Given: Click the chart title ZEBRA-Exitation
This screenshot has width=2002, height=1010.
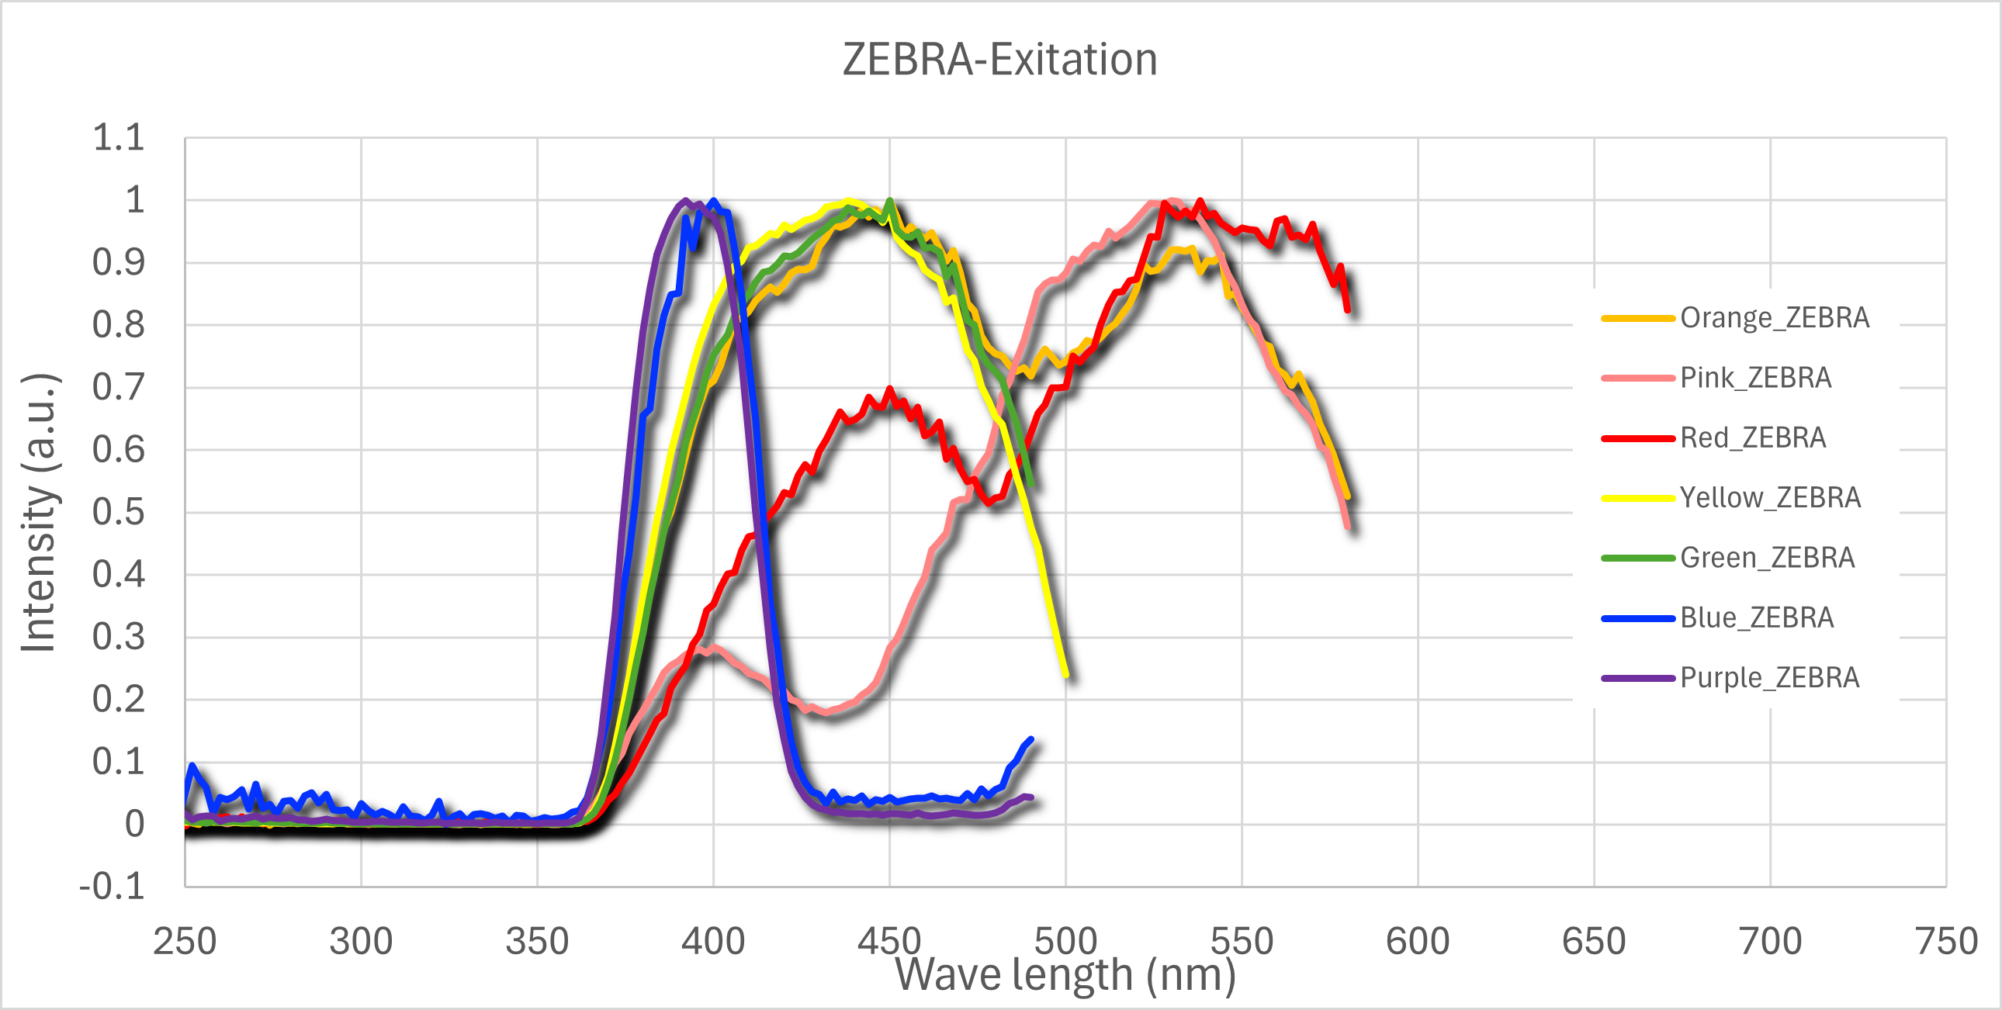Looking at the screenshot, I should tap(999, 60).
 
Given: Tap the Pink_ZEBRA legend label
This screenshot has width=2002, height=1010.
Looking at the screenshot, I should tap(1755, 378).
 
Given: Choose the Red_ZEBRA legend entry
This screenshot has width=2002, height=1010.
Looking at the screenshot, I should tap(1753, 438).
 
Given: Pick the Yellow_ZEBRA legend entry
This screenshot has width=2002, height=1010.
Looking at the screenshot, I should tap(1770, 497).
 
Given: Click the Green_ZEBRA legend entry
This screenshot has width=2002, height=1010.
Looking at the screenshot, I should tap(1767, 558).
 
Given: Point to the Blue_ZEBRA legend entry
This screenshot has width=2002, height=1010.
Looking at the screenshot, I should tap(1757, 617).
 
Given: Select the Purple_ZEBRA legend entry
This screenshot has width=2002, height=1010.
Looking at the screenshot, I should tap(1769, 677).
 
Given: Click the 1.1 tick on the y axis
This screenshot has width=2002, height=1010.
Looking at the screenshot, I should tap(118, 138).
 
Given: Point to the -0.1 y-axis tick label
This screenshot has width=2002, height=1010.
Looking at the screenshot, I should tap(113, 887).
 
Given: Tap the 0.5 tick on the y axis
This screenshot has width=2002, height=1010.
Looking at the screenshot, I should tap(118, 513).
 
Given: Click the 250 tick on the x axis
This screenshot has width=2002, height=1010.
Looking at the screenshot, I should tap(185, 941).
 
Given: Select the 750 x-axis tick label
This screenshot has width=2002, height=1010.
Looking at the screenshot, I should tap(1946, 941).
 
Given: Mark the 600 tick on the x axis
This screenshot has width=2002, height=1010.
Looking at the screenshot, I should tap(1418, 941).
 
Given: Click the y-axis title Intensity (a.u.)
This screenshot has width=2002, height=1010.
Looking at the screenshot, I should tap(39, 513).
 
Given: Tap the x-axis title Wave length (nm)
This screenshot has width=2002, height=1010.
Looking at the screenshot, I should tap(1065, 974).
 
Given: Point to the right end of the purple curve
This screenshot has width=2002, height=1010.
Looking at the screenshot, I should tap(1030, 797).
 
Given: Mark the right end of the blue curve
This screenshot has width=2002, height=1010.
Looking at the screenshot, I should tap(1030, 738).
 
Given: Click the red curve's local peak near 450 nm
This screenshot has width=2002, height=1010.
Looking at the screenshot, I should tap(889, 389).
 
